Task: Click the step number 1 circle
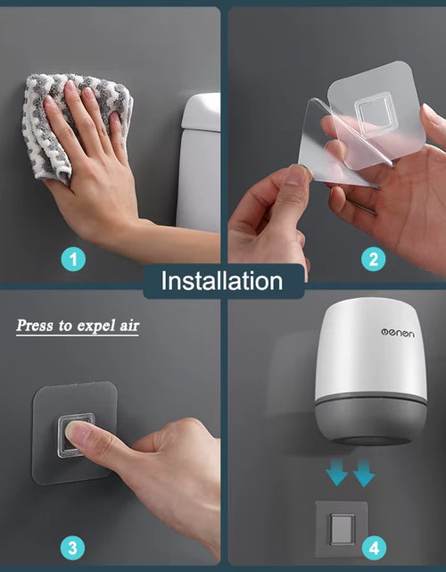75,260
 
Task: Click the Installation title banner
222,281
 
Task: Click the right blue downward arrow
363,474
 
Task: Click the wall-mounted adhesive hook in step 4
340,528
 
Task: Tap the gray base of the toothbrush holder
366,419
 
